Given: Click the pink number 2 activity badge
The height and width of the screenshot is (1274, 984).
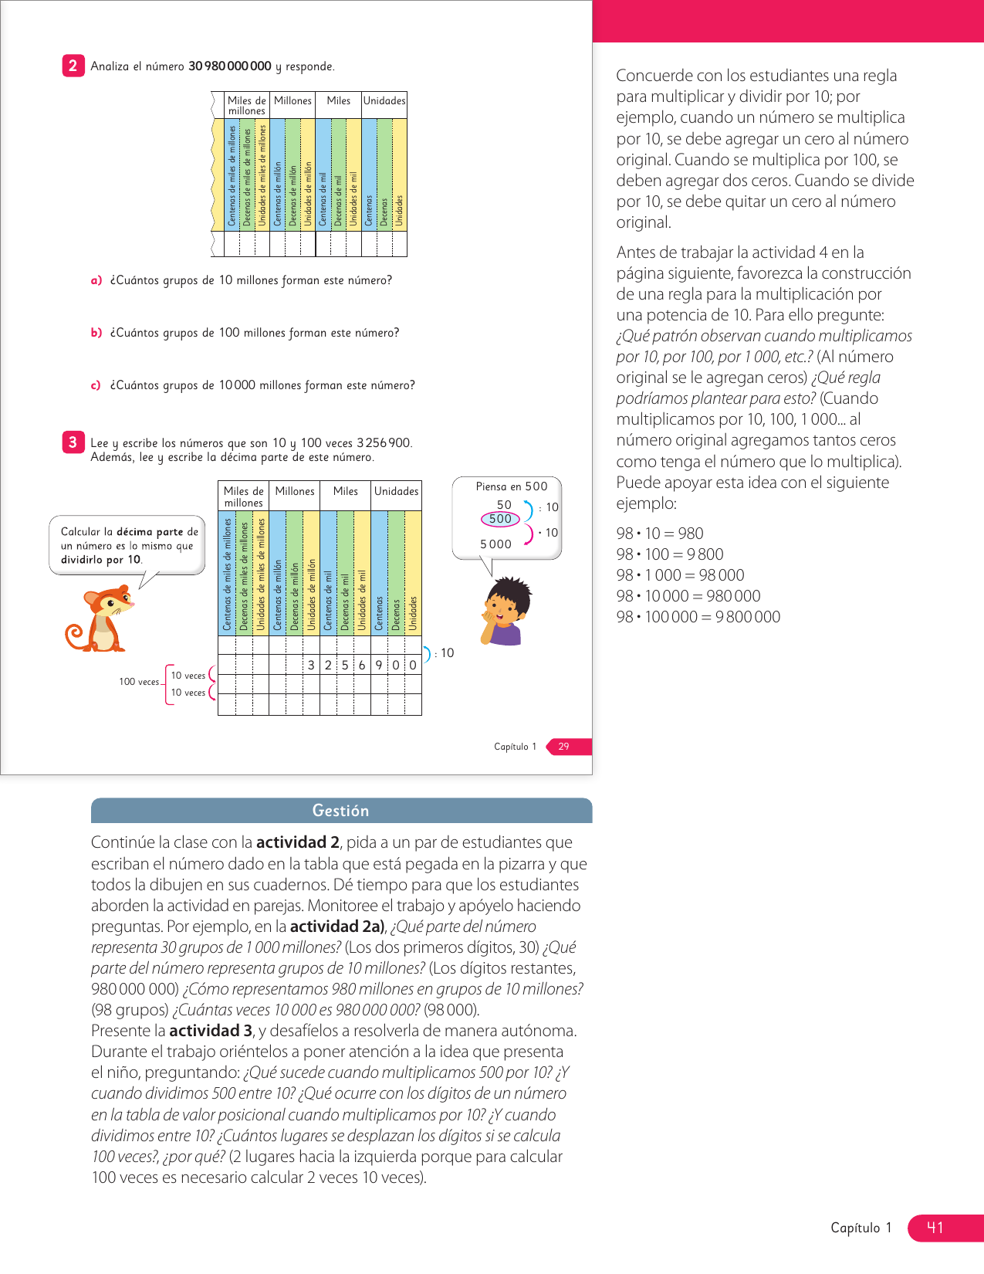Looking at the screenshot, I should click(73, 66).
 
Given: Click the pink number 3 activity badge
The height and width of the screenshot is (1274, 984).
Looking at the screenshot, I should click(73, 442).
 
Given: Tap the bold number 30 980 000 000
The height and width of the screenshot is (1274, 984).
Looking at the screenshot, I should click(230, 66).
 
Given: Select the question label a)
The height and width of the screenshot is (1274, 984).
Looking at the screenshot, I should click(96, 280).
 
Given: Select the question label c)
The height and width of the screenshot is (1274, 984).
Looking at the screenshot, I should click(96, 385).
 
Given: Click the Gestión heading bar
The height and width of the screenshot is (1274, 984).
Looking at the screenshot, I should click(341, 811).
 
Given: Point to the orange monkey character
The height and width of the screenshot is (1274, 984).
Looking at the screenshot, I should click(101, 618).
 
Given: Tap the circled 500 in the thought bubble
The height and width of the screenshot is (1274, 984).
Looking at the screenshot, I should click(500, 519).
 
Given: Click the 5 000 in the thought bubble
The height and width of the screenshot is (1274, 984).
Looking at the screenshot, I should click(495, 544).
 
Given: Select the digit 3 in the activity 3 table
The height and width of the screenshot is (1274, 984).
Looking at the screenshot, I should click(311, 665).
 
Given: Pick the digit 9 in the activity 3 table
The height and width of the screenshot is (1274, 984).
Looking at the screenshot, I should click(379, 665).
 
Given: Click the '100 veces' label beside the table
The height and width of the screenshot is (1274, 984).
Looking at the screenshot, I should click(139, 682).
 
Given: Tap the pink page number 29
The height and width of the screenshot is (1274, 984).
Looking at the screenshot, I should click(564, 747).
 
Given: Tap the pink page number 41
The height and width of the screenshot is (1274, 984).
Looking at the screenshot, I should click(935, 1228).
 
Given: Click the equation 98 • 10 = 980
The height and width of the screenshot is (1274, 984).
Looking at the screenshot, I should click(660, 534).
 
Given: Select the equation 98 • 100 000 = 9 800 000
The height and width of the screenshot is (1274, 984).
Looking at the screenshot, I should click(698, 617).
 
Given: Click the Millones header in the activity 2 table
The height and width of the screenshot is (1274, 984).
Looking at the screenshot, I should click(292, 101).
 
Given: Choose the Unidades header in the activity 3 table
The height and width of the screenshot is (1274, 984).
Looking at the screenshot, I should click(396, 491).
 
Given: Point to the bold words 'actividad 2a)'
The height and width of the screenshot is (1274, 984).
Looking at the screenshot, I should click(336, 927).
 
